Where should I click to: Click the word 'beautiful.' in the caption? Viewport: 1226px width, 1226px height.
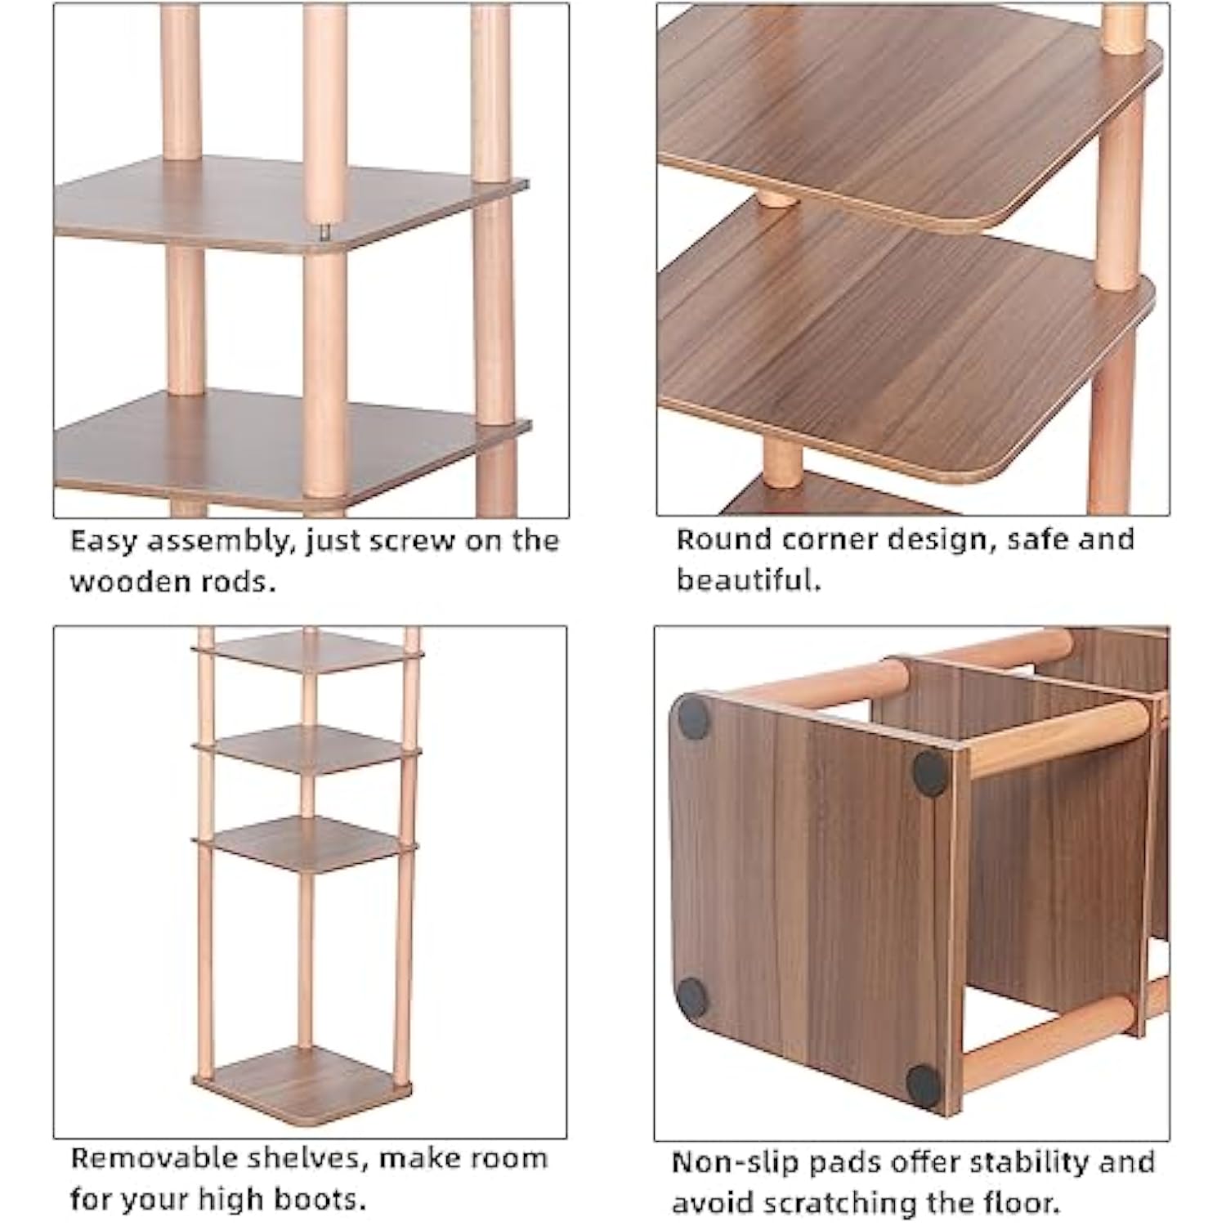tap(748, 579)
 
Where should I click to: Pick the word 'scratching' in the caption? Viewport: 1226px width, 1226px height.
tap(833, 1203)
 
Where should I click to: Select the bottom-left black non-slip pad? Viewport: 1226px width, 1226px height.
tap(692, 996)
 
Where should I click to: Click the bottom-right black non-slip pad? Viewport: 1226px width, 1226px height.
tap(924, 1085)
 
